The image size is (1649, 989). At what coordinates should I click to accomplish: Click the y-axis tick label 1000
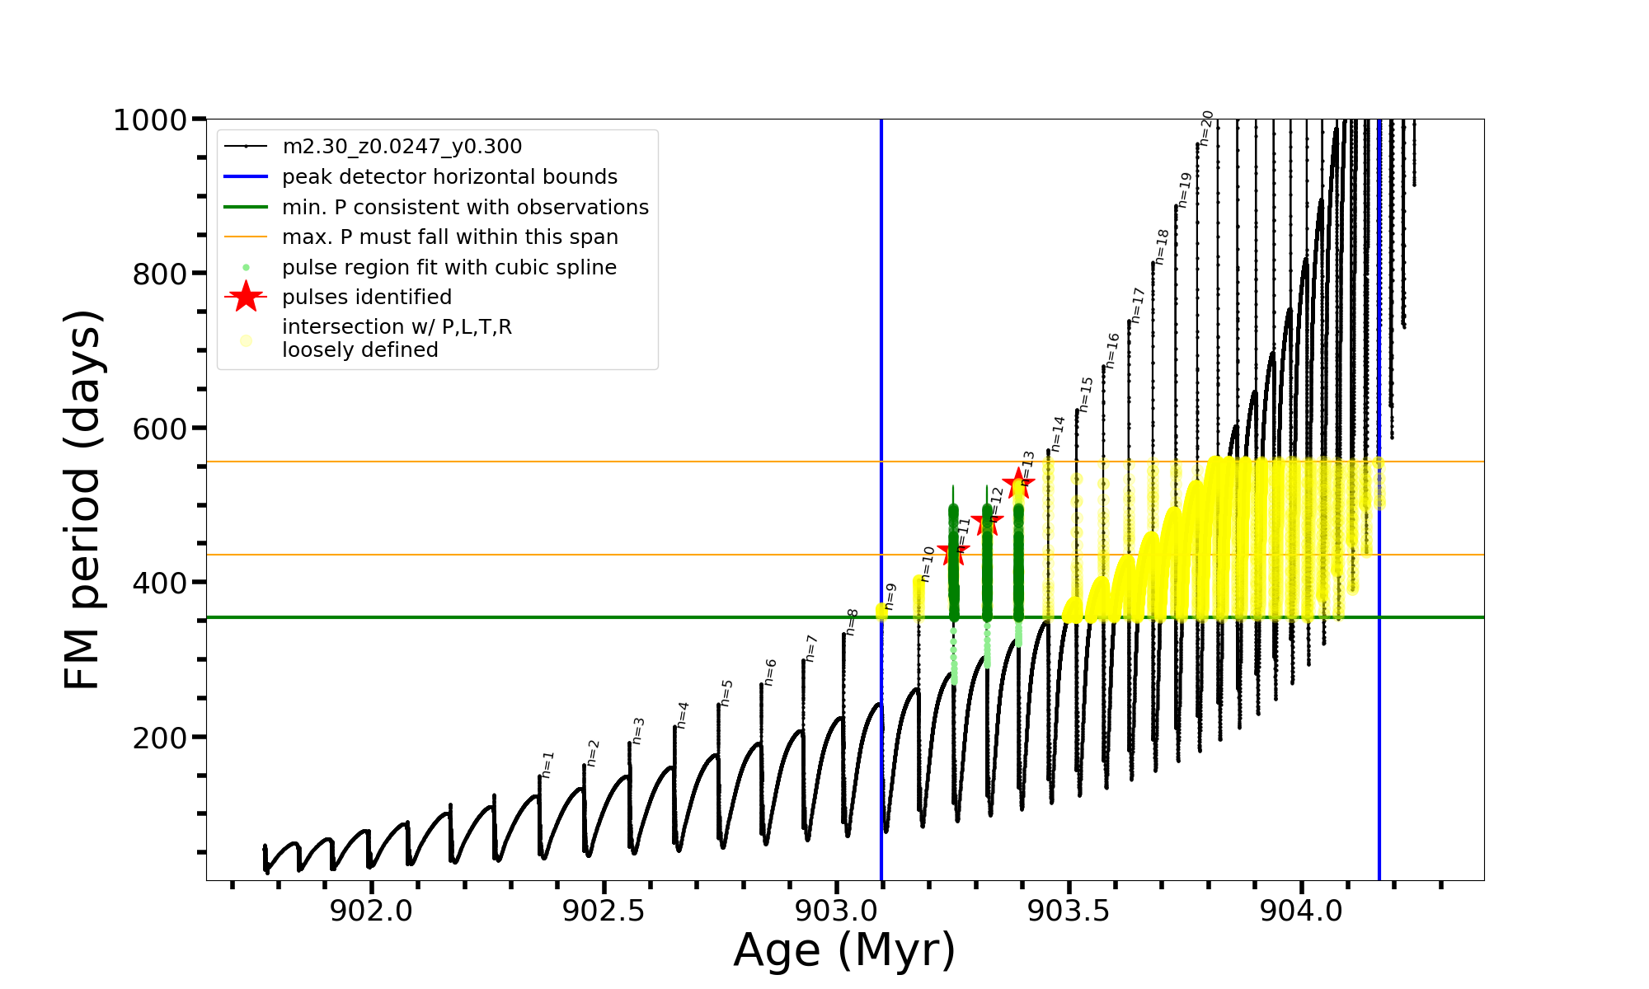(150, 120)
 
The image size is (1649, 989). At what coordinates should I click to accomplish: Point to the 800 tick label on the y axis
(160, 274)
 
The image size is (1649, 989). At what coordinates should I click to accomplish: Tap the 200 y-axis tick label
(160, 738)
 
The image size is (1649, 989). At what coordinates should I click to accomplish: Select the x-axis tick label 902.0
(371, 912)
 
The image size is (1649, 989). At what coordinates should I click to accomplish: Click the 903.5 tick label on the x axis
(1069, 912)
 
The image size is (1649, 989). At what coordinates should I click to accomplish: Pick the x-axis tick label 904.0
(1301, 912)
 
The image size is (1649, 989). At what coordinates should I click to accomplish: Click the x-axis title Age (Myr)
(844, 950)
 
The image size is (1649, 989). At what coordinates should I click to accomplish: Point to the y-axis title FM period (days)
(82, 499)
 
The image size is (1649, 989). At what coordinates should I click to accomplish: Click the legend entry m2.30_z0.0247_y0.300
(402, 147)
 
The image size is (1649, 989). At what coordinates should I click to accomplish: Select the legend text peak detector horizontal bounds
(449, 177)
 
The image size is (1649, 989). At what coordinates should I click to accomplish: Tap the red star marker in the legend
(246, 297)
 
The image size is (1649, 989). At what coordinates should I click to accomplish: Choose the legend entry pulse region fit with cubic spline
(449, 268)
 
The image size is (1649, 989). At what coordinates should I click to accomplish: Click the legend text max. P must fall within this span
(449, 237)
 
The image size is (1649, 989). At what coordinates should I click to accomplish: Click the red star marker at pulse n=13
(1018, 483)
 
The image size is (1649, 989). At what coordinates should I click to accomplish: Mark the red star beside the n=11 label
(953, 552)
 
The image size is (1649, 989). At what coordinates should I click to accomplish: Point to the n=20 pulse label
(1206, 128)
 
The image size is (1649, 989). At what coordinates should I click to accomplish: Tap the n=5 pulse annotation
(726, 692)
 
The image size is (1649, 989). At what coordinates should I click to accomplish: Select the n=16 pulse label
(1112, 350)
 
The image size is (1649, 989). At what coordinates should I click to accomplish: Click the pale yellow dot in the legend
(246, 340)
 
